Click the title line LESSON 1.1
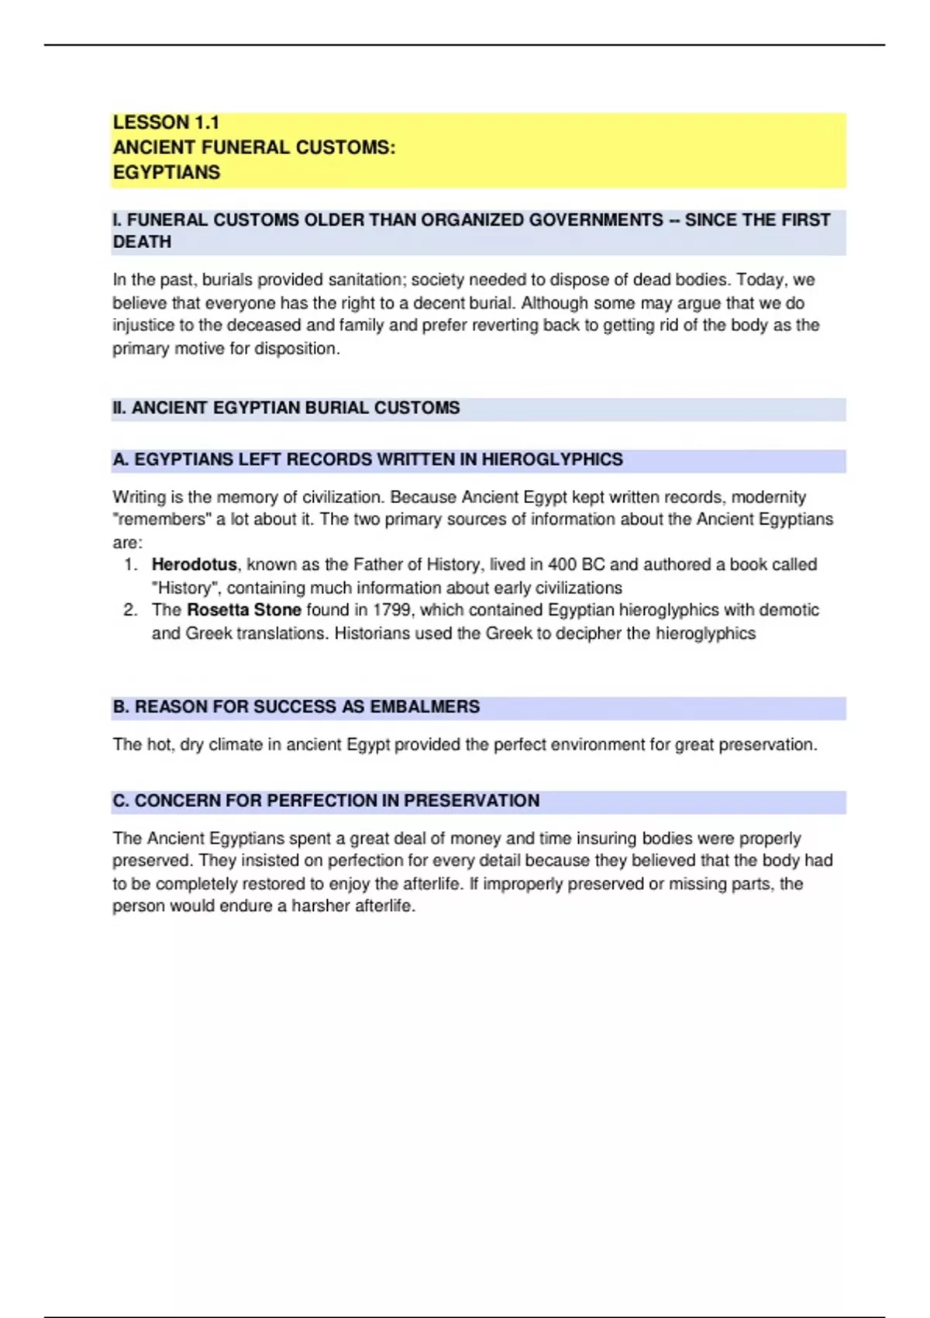click(x=166, y=122)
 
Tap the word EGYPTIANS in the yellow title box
click(x=167, y=172)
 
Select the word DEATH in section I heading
click(x=142, y=242)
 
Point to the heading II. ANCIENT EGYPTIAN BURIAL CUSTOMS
click(x=286, y=408)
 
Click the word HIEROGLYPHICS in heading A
click(x=552, y=460)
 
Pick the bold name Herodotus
click(x=194, y=564)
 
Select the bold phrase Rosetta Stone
click(x=243, y=610)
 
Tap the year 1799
click(x=391, y=610)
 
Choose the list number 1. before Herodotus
click(x=130, y=564)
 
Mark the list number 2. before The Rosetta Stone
click(x=130, y=610)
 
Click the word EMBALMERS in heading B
click(x=425, y=707)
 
